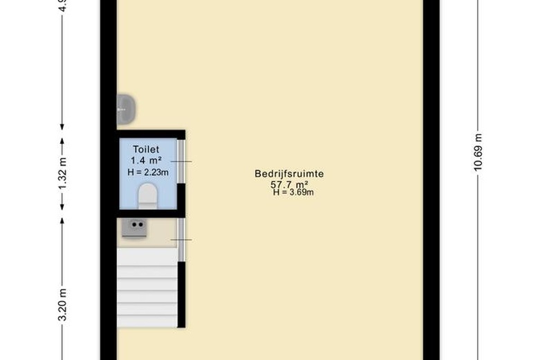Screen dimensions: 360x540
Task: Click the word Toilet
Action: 146,149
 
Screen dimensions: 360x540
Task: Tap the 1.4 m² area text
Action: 146,161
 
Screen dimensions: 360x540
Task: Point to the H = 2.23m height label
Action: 146,172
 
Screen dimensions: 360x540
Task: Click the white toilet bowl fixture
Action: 147,196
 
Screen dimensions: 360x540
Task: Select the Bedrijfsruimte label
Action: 289,174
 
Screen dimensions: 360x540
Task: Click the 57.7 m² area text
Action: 289,184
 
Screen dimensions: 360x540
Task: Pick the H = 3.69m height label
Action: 293,192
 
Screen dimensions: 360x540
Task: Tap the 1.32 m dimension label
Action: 62,175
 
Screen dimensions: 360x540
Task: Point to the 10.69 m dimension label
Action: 478,152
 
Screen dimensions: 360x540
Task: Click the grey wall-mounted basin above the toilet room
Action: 125,109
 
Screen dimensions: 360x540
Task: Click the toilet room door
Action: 181,161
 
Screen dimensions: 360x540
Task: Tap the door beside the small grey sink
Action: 181,240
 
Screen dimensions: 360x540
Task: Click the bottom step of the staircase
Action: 147,320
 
